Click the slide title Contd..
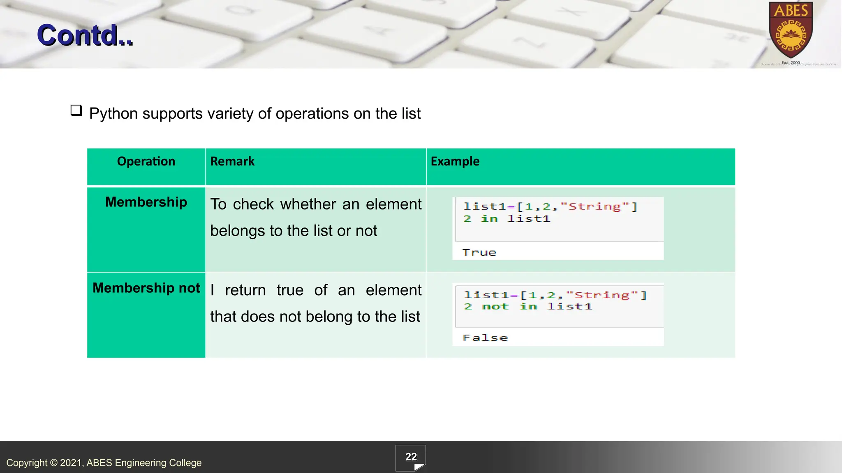coord(85,35)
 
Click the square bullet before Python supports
coord(76,110)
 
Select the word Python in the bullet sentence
coord(113,114)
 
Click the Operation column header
coord(146,161)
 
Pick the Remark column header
coord(232,161)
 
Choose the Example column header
coord(455,161)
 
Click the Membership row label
coord(146,202)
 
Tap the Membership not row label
coord(146,288)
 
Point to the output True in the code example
coord(479,253)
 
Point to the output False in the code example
coord(485,338)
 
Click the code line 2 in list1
coord(507,219)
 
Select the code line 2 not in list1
coord(528,307)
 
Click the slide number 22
coord(411,457)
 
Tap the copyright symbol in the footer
coord(54,463)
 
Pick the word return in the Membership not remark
coord(245,290)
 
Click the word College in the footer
coord(185,463)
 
